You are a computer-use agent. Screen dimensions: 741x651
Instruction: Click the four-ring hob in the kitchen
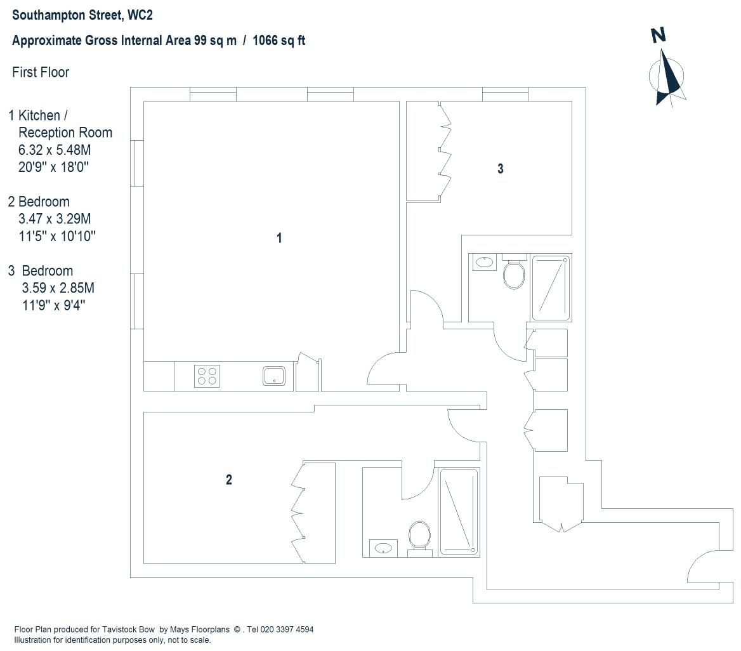coord(207,376)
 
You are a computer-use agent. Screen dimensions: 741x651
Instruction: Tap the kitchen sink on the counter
coord(274,376)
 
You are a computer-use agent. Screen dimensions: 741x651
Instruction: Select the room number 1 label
coord(279,238)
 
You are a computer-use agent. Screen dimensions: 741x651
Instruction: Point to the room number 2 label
coord(229,480)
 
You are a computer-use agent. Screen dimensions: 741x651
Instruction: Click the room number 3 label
coord(501,169)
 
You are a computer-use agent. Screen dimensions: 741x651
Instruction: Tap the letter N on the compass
coord(659,35)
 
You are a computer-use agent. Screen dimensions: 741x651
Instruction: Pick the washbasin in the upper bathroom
coord(483,262)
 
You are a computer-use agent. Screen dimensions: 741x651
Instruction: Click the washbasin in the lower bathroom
coord(383,548)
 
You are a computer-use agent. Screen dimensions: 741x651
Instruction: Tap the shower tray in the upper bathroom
coord(551,288)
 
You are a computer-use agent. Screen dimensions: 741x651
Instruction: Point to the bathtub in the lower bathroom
coord(459,511)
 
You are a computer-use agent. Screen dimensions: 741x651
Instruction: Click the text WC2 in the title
coord(140,15)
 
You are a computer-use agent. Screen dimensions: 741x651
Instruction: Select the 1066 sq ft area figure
coord(279,41)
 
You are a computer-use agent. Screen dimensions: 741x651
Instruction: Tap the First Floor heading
coord(41,72)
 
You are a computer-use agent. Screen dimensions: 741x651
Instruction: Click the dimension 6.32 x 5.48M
coord(55,150)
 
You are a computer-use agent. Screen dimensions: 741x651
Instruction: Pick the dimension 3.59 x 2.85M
coord(58,288)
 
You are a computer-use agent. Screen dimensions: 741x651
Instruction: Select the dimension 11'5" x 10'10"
coord(57,236)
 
